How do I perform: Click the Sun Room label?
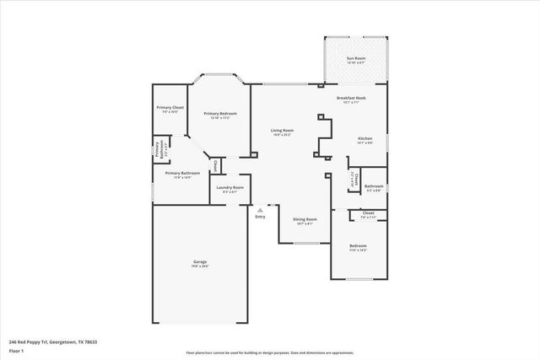click(355, 58)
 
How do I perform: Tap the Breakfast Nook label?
click(350, 99)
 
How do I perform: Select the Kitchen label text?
click(364, 138)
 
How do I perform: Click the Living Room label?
click(282, 131)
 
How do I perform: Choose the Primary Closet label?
click(170, 108)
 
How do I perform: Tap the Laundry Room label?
click(229, 188)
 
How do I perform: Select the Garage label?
click(200, 262)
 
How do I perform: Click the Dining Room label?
click(305, 219)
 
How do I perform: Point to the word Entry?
click(260, 217)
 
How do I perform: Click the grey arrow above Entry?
click(260, 210)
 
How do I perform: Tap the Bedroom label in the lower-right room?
click(358, 246)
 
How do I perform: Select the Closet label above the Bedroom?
click(368, 214)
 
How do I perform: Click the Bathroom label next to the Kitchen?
click(373, 186)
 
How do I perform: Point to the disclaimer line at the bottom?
click(269, 351)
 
